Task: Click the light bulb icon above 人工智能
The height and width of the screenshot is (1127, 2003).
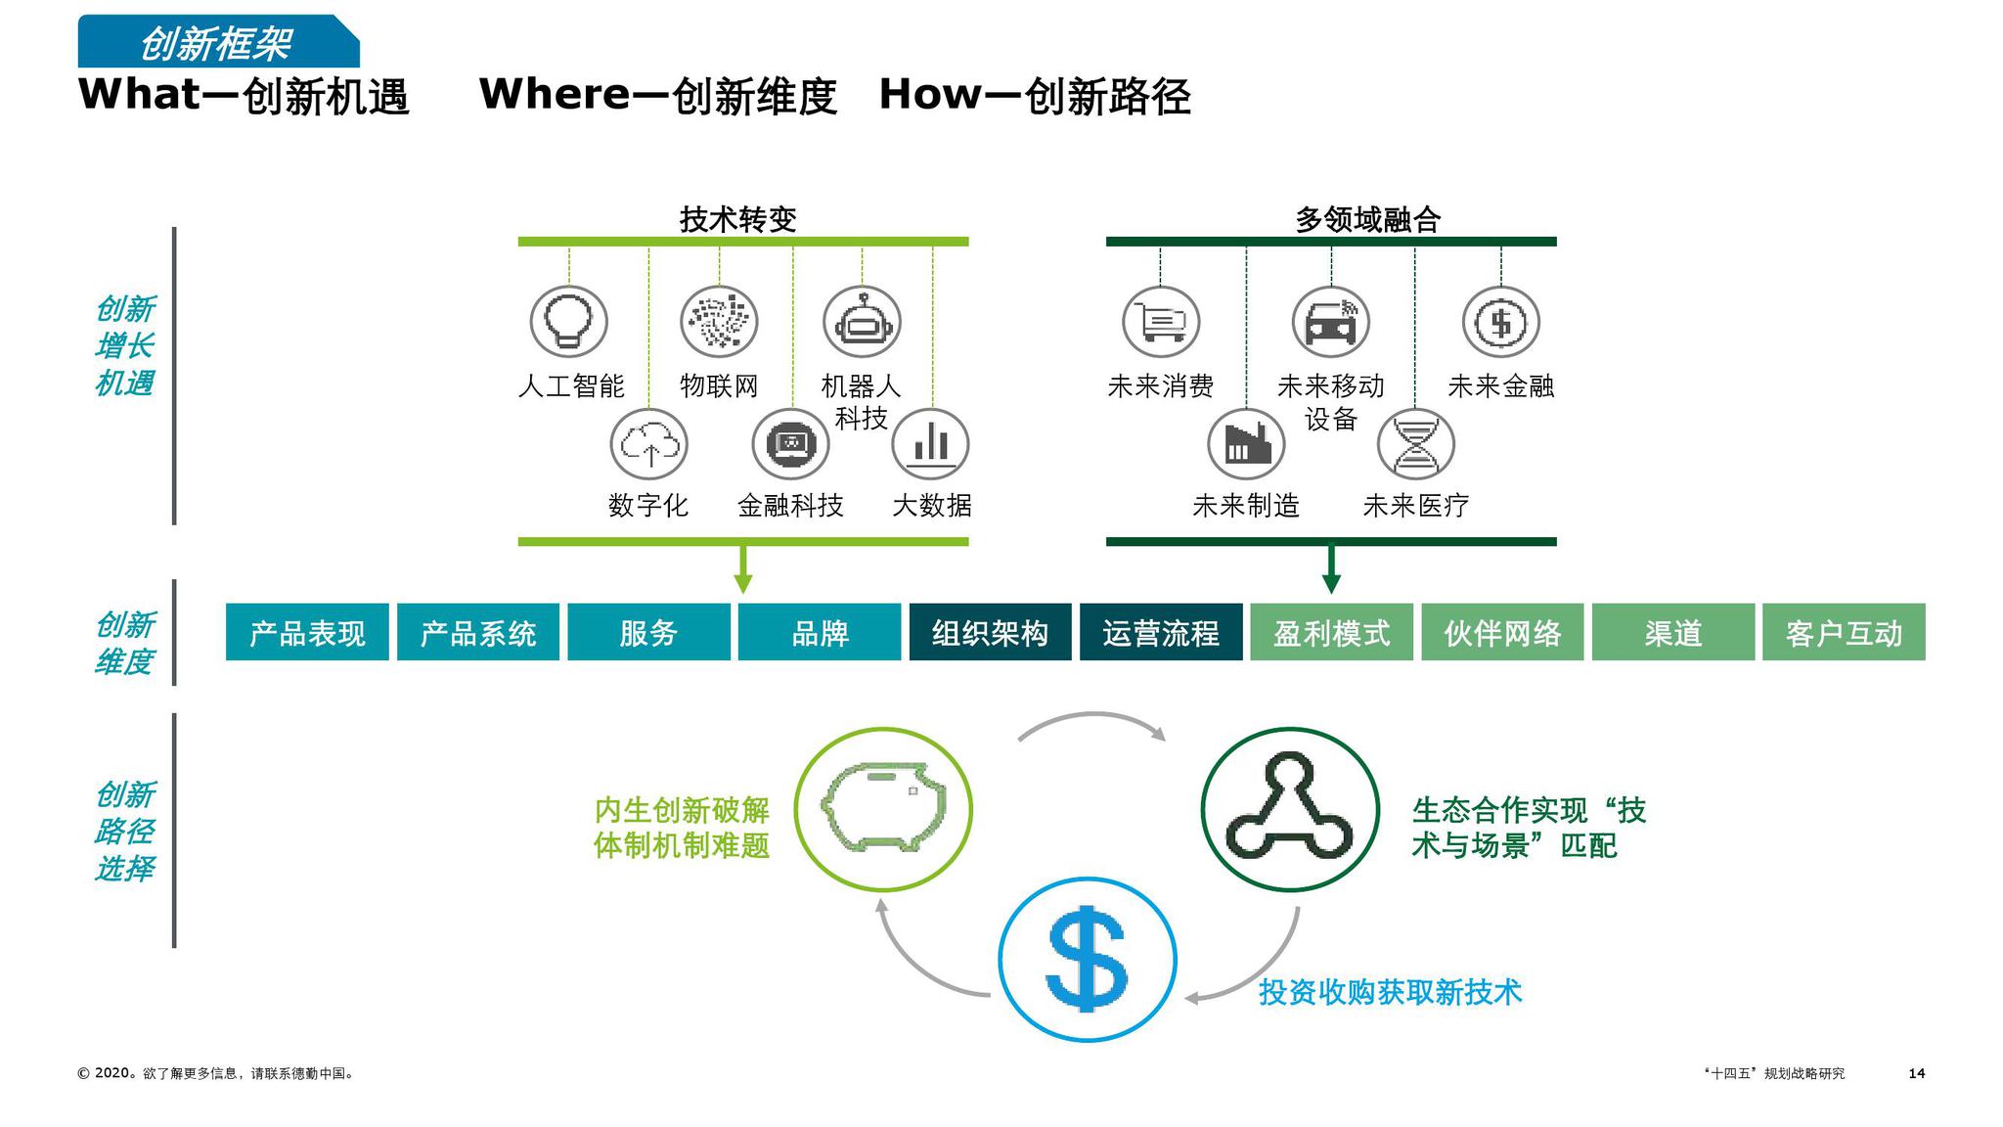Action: (x=568, y=321)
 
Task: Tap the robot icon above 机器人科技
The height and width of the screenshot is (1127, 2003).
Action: (x=862, y=321)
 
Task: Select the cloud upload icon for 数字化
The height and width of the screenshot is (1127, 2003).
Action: (x=648, y=444)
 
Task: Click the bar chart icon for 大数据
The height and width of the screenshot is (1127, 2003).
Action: (x=930, y=444)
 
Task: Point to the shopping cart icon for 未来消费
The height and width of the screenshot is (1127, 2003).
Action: (x=1161, y=321)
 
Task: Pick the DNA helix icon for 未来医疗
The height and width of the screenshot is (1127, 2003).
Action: (x=1415, y=444)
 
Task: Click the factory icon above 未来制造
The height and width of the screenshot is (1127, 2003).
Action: (x=1246, y=444)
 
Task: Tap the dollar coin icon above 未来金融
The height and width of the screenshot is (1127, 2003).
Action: (x=1500, y=321)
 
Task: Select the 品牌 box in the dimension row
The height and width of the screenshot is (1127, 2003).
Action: (x=819, y=633)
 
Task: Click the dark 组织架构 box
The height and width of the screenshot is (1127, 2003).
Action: (x=990, y=633)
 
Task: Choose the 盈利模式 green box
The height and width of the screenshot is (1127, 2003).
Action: (x=1331, y=633)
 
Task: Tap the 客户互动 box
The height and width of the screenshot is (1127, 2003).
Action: (x=1844, y=633)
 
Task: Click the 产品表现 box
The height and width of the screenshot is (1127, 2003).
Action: (x=307, y=633)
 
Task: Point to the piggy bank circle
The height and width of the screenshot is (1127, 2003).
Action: (x=883, y=809)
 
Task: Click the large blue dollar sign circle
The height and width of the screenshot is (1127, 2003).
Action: (x=1087, y=959)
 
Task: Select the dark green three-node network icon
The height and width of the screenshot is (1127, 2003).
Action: (x=1289, y=809)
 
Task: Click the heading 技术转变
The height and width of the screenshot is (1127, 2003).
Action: (x=738, y=219)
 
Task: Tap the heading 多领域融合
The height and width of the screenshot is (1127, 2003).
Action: (x=1367, y=219)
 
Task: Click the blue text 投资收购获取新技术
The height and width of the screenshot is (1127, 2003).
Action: (x=1390, y=992)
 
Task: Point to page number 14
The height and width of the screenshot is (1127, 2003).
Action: (x=1916, y=1073)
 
